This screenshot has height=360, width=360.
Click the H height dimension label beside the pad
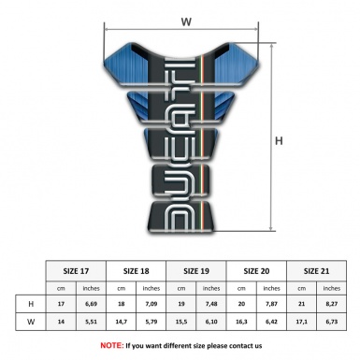[279, 140]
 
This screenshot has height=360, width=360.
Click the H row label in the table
[31, 305]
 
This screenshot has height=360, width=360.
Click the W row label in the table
[31, 323]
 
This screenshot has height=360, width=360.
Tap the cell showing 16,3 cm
[242, 323]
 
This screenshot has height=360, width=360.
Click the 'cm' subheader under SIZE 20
[242, 287]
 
